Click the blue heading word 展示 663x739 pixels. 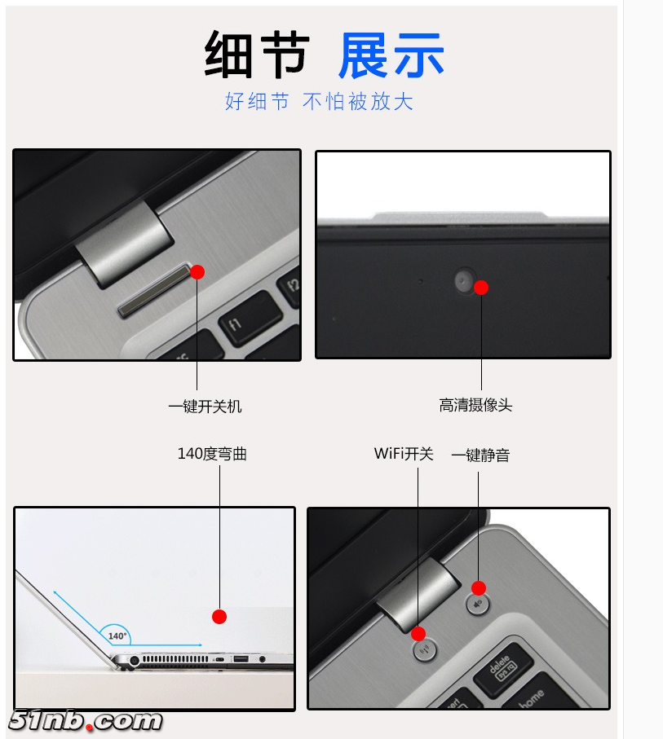tap(391, 55)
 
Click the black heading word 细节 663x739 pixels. tap(257, 55)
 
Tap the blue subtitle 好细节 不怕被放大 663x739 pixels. tap(319, 101)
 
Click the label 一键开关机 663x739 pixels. tap(205, 407)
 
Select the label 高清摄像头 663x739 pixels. tap(475, 405)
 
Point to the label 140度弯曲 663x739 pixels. tap(212, 453)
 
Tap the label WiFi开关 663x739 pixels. tap(404, 453)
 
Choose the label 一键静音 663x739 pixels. tap(480, 455)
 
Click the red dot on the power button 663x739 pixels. tap(197, 272)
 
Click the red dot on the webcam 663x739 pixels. tap(481, 288)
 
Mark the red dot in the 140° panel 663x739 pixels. tap(219, 617)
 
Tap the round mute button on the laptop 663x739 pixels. tap(478, 604)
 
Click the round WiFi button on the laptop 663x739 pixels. tap(425, 651)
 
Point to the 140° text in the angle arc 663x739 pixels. tap(117, 636)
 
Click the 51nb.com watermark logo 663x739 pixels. tap(86, 721)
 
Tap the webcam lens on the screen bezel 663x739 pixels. tap(464, 280)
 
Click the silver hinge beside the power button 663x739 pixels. tap(124, 243)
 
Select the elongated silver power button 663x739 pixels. tap(155, 290)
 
